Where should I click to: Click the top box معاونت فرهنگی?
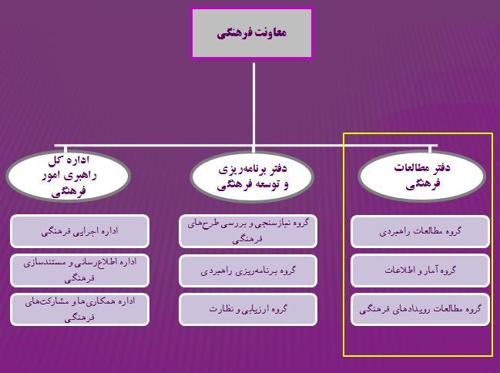click(x=252, y=33)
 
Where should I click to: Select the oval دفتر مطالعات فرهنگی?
click(x=422, y=176)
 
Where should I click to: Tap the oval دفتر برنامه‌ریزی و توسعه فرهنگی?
click(x=252, y=176)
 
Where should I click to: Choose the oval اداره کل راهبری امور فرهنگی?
click(x=69, y=176)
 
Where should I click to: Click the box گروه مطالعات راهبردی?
click(x=420, y=231)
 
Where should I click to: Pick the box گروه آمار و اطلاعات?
click(x=420, y=271)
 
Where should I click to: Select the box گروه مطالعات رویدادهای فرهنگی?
click(x=420, y=309)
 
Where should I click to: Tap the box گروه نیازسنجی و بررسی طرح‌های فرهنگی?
click(x=248, y=231)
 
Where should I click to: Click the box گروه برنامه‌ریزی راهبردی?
click(x=248, y=271)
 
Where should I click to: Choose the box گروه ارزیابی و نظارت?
click(x=248, y=309)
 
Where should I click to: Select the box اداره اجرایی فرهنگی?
click(x=79, y=231)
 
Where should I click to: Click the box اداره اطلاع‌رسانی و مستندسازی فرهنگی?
click(x=79, y=271)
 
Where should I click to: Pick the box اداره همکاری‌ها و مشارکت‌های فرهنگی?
click(x=79, y=309)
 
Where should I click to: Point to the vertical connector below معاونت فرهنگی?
click(x=253, y=104)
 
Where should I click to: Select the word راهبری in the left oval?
click(x=85, y=176)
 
